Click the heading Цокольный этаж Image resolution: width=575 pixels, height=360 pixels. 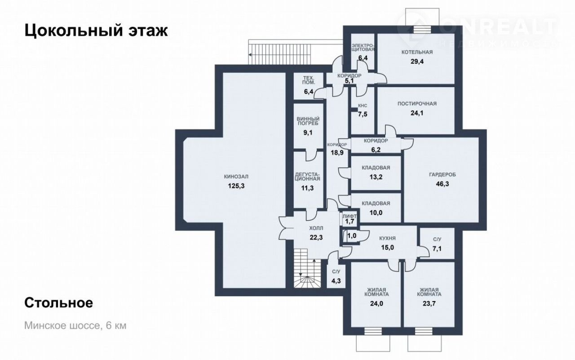96,31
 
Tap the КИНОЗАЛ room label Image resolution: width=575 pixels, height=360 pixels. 236,177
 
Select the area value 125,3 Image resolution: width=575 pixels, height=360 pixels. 236,186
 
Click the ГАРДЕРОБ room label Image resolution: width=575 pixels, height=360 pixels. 442,175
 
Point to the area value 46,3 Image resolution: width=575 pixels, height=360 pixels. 442,184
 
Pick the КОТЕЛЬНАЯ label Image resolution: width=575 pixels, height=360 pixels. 417,52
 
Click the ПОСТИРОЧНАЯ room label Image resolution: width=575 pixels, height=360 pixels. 417,104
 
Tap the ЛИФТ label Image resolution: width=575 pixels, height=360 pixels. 349,216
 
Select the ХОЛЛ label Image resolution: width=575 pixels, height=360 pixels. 316,228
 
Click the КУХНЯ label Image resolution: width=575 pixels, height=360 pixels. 388,238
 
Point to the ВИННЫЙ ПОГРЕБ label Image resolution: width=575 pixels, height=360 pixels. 308,121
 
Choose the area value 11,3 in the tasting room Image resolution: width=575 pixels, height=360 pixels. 307,188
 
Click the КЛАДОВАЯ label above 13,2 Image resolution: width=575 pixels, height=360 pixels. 376,168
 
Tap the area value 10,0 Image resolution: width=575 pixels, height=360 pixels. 376,213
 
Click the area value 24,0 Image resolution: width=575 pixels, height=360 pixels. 376,303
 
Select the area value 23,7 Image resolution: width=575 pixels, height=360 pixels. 429,303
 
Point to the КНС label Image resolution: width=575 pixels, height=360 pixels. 363,106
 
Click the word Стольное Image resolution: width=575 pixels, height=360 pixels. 58,303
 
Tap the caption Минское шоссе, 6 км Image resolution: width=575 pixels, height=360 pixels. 75,326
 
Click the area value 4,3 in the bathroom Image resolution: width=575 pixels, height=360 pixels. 336,281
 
